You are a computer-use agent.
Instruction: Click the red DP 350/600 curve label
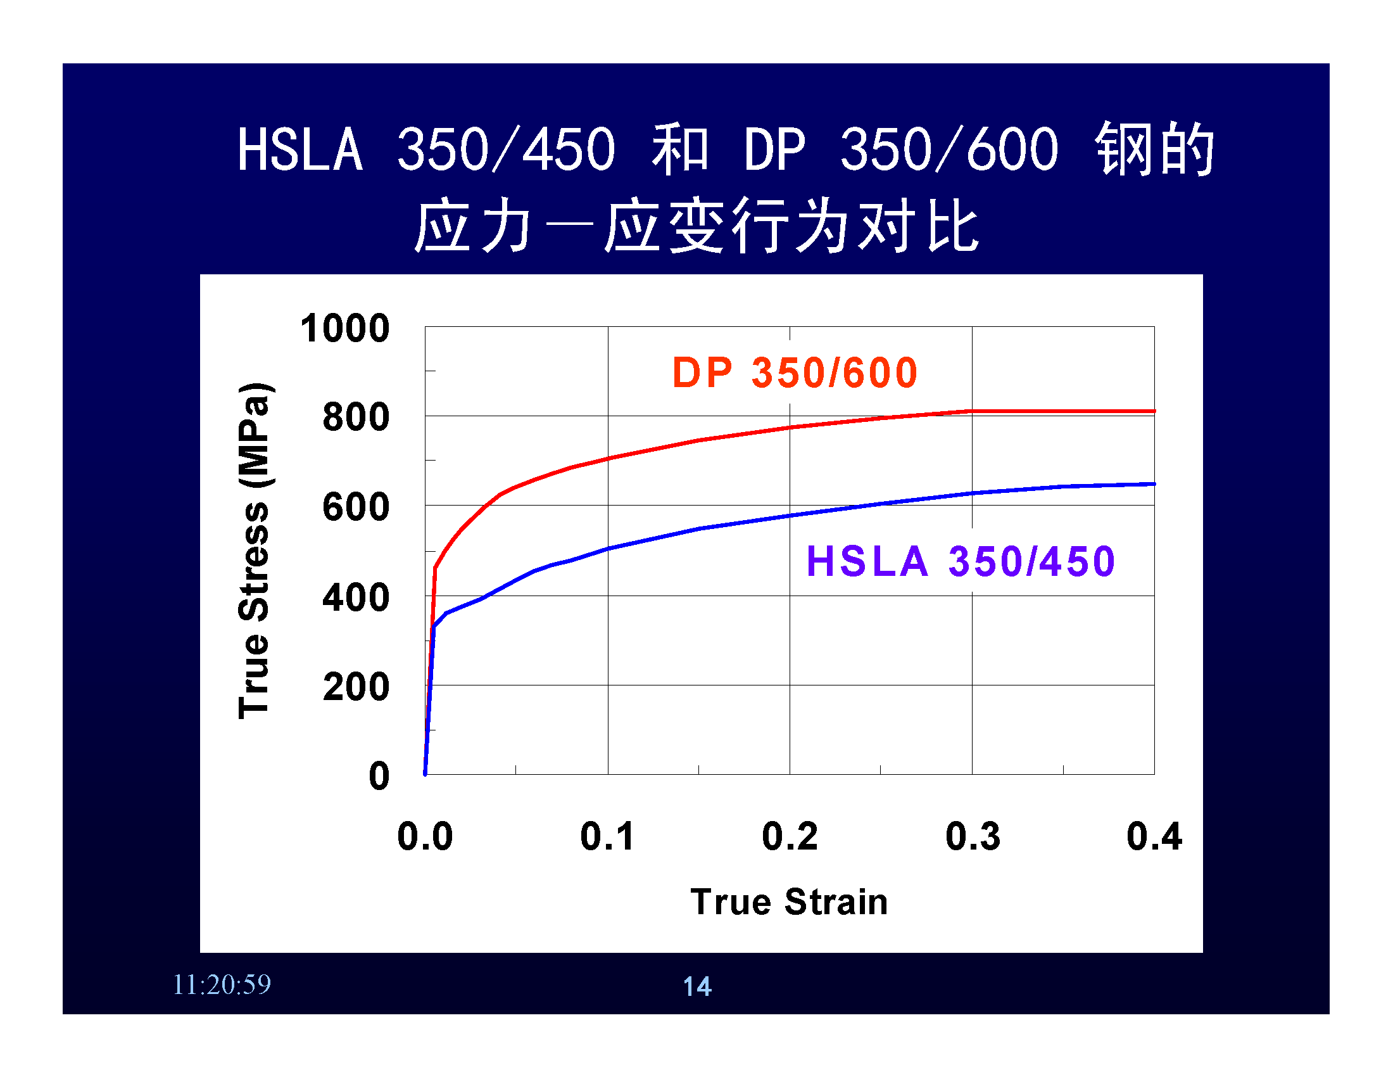pyautogui.click(x=795, y=373)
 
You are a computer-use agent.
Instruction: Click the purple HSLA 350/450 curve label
pyautogui.click(x=961, y=561)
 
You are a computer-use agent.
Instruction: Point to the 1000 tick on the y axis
pyautogui.click(x=345, y=329)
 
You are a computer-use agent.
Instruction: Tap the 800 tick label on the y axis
pyautogui.click(x=356, y=417)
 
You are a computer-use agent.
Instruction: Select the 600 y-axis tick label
pyautogui.click(x=356, y=508)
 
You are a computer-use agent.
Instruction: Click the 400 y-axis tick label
pyautogui.click(x=356, y=599)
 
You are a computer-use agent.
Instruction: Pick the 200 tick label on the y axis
pyautogui.click(x=356, y=688)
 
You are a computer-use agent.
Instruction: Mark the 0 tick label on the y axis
pyautogui.click(x=379, y=777)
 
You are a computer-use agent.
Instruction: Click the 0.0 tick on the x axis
pyautogui.click(x=425, y=836)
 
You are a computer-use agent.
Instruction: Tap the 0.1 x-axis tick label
pyautogui.click(x=607, y=836)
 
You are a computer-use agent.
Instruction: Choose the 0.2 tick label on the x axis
pyautogui.click(x=790, y=836)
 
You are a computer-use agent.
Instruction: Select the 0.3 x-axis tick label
pyautogui.click(x=973, y=836)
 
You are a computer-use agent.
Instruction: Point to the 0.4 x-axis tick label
pyautogui.click(x=1154, y=836)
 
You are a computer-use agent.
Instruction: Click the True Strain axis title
pyautogui.click(x=789, y=902)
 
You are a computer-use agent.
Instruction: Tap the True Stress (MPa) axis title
pyautogui.click(x=254, y=551)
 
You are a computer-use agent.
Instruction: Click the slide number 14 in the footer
pyautogui.click(x=696, y=986)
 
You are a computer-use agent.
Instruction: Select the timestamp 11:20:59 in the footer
pyautogui.click(x=222, y=985)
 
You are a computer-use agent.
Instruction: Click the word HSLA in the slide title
pyautogui.click(x=300, y=150)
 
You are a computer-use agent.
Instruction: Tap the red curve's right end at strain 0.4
pyautogui.click(x=1154, y=412)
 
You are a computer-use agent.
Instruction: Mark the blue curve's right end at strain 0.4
pyautogui.click(x=1154, y=484)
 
